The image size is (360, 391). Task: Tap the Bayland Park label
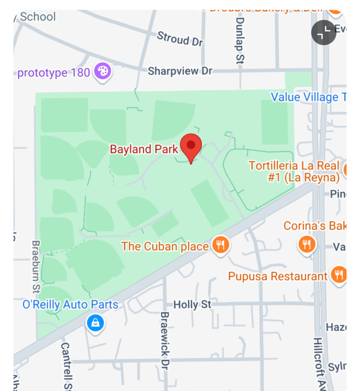pyautogui.click(x=144, y=149)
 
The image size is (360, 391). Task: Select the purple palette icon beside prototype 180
pyautogui.click(x=103, y=71)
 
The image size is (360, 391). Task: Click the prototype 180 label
pyautogui.click(x=54, y=72)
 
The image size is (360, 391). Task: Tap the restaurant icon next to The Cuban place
pyautogui.click(x=220, y=245)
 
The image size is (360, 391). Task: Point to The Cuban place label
pyautogui.click(x=165, y=246)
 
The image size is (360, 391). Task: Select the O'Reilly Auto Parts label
pyautogui.click(x=70, y=305)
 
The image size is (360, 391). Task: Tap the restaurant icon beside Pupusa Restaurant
pyautogui.click(x=339, y=275)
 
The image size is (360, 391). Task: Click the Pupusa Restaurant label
pyautogui.click(x=278, y=276)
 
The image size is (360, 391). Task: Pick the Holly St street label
pyautogui.click(x=192, y=305)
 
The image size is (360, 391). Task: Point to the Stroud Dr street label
pyautogui.click(x=180, y=39)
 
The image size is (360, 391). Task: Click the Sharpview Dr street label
pyautogui.click(x=180, y=71)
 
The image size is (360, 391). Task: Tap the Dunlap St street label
pyautogui.click(x=240, y=40)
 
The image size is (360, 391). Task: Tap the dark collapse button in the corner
pyautogui.click(x=324, y=33)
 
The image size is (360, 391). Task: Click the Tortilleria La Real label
pyautogui.click(x=294, y=171)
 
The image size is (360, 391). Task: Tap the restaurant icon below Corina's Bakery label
pyautogui.click(x=307, y=244)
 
